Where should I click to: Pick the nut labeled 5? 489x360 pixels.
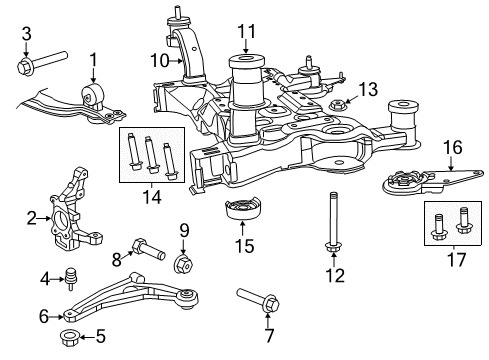click(72, 335)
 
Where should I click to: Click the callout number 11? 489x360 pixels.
click(245, 31)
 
